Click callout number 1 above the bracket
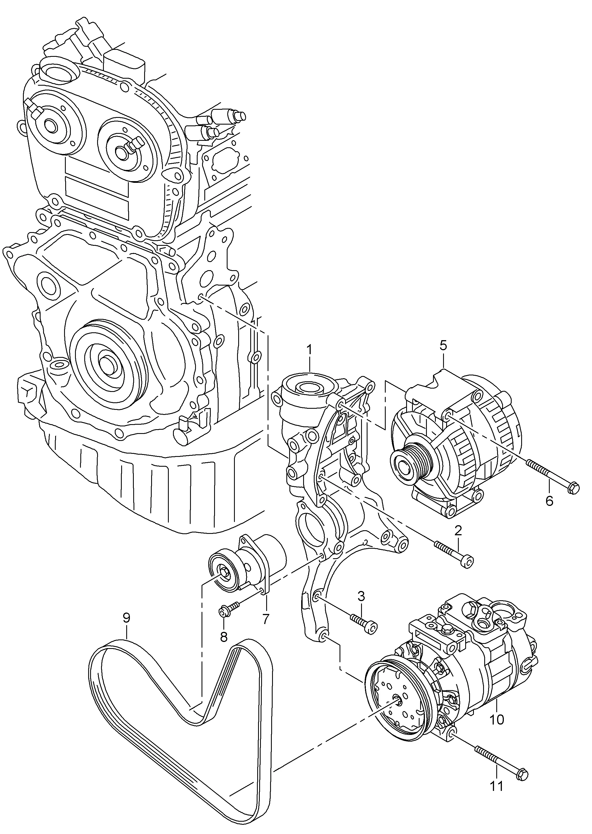[x=309, y=351]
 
